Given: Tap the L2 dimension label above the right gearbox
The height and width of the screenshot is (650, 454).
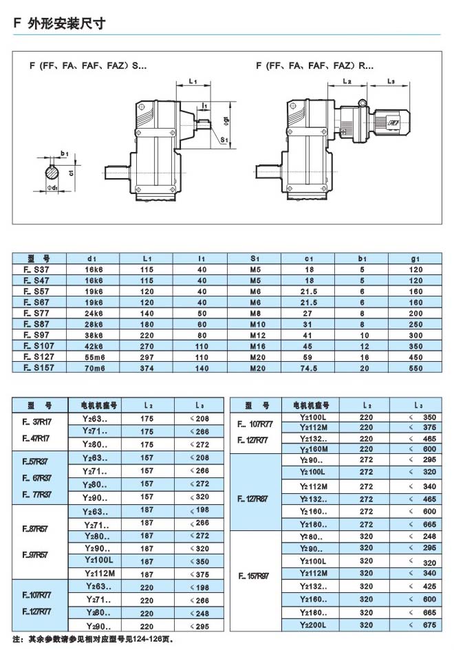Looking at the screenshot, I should (347, 82).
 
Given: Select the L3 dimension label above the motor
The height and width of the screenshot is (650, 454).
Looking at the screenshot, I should (391, 82).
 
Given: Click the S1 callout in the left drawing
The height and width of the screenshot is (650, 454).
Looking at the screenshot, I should (224, 140).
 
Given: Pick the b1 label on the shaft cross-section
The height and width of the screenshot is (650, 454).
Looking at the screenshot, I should (64, 152).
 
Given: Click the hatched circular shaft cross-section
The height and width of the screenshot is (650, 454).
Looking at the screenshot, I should (53, 169).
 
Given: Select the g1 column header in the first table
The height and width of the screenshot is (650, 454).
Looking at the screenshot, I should (415, 258).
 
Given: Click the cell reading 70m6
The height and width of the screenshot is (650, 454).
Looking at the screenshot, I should (91, 368).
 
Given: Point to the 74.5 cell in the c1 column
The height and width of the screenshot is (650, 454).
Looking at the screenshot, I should (309, 368).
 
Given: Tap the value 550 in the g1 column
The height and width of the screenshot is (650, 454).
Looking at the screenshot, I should (415, 368).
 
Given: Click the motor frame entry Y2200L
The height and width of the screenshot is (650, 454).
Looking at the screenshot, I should (314, 625).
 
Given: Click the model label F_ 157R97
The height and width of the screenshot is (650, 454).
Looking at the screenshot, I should (255, 578).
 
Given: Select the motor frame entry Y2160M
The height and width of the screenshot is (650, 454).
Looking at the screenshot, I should (314, 448).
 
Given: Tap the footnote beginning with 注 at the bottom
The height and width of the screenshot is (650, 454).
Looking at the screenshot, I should (95, 639).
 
